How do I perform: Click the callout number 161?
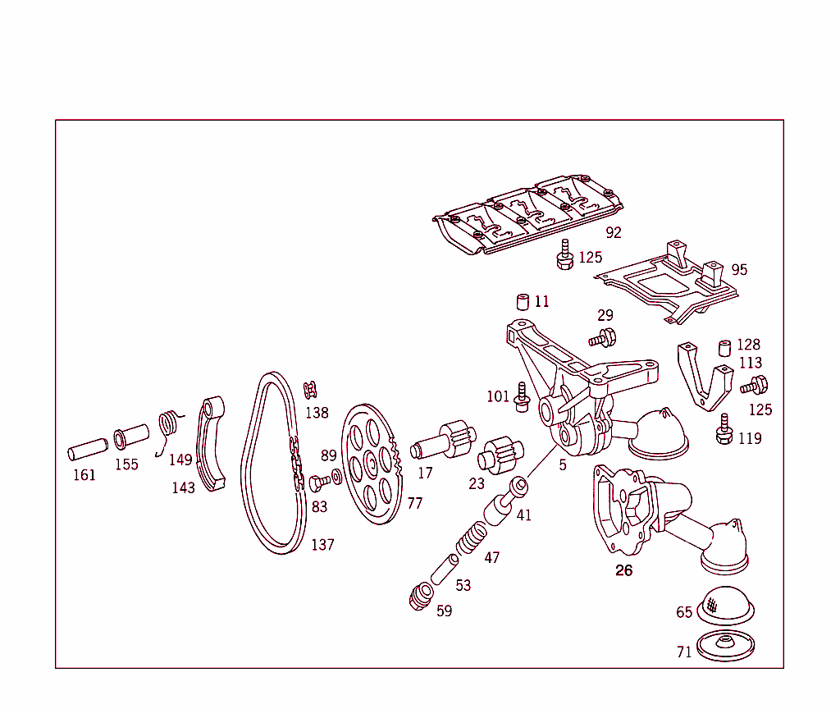pyautogui.click(x=84, y=474)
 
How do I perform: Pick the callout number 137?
pyautogui.click(x=322, y=545)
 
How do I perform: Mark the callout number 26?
pyautogui.click(x=624, y=570)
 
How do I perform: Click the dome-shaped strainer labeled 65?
pyautogui.click(x=725, y=606)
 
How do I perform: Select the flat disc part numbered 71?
pyautogui.click(x=725, y=647)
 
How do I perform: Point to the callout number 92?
pyautogui.click(x=613, y=232)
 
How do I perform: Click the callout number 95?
pyautogui.click(x=739, y=270)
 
